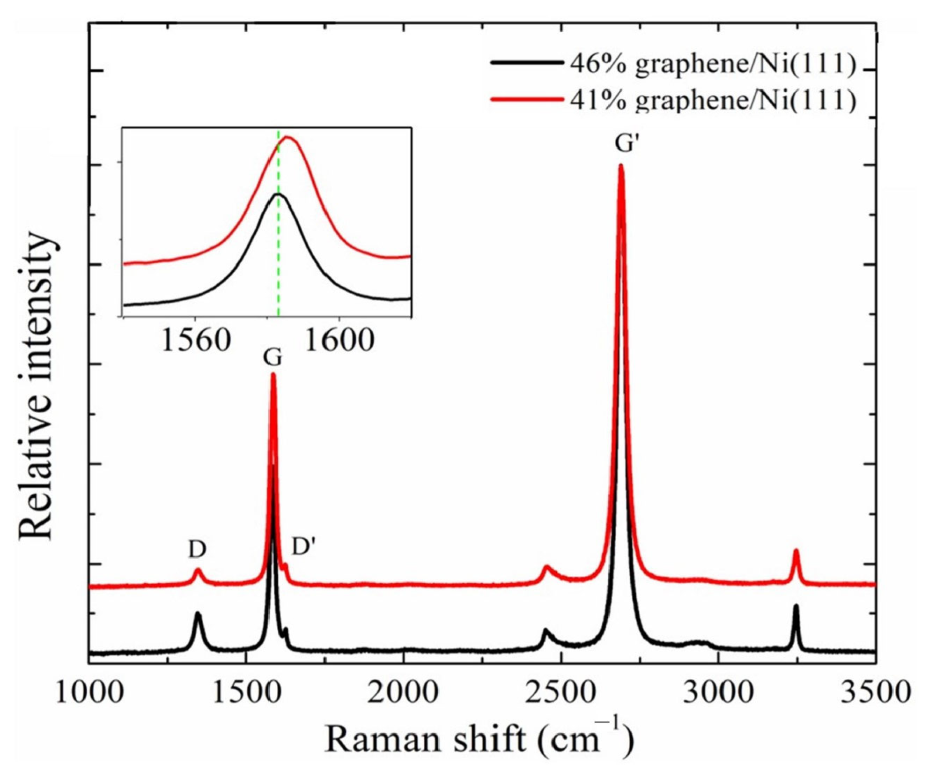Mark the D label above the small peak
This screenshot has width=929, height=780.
pos(197,550)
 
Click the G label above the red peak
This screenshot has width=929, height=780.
pos(272,358)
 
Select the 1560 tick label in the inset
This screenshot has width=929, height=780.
pos(196,341)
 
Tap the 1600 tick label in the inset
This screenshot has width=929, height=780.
pos(339,341)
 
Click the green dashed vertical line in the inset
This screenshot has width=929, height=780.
pos(279,262)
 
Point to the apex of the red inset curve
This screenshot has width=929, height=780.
pos(288,137)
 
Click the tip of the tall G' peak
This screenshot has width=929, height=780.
pos(621,165)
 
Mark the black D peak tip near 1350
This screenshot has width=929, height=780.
pos(198,614)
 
